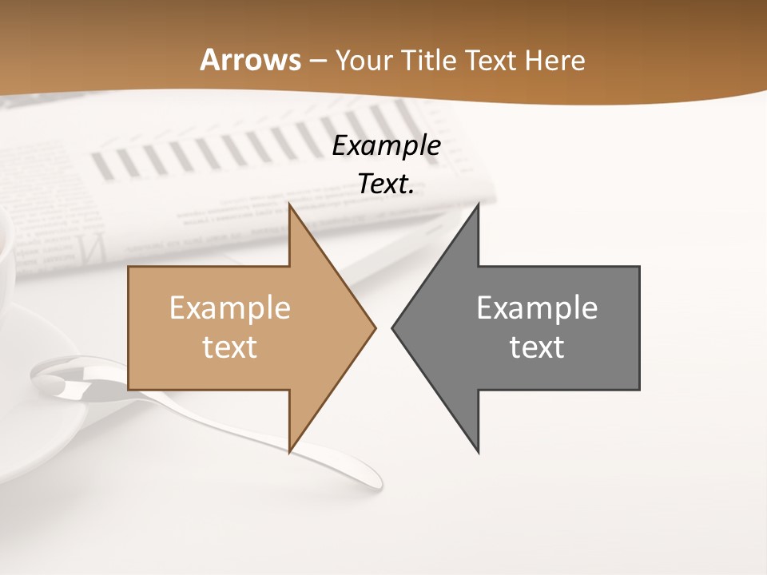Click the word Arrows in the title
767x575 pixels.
click(250, 60)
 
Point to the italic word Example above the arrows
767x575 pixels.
click(386, 146)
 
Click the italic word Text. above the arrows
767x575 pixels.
click(386, 184)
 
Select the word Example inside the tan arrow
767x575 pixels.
click(230, 307)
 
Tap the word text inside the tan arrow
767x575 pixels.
click(230, 347)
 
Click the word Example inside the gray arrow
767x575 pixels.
click(537, 307)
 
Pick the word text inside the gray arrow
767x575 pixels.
click(537, 347)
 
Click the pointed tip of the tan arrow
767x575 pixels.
click(375, 327)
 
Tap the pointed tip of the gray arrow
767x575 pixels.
click(392, 327)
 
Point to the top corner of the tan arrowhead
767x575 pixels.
click(290, 205)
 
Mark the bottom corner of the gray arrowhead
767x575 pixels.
click(478, 452)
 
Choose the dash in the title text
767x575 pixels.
click(317, 61)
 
